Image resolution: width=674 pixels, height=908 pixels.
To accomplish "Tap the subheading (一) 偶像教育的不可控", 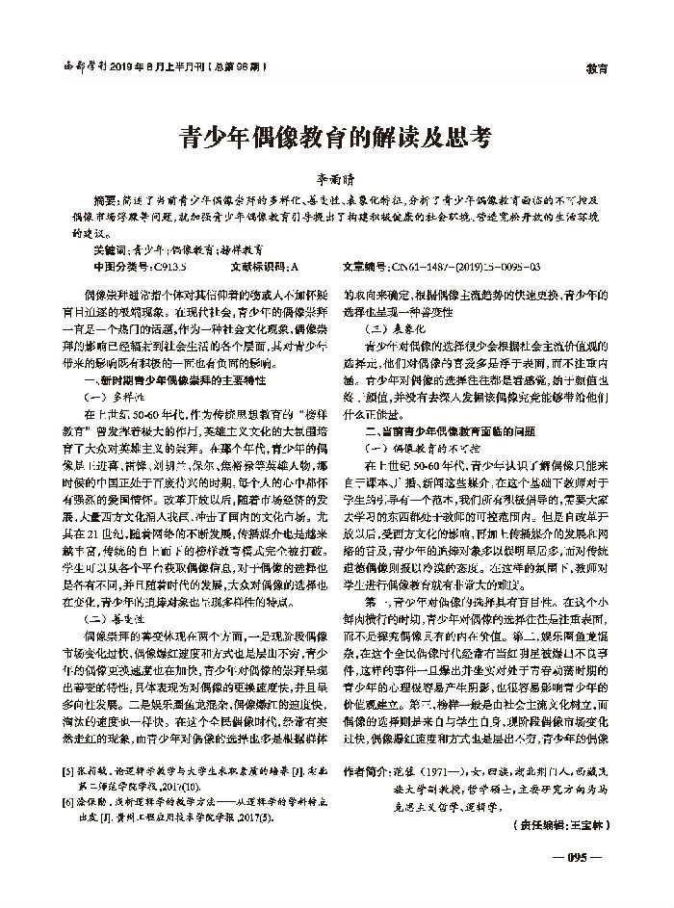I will tap(414, 444).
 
